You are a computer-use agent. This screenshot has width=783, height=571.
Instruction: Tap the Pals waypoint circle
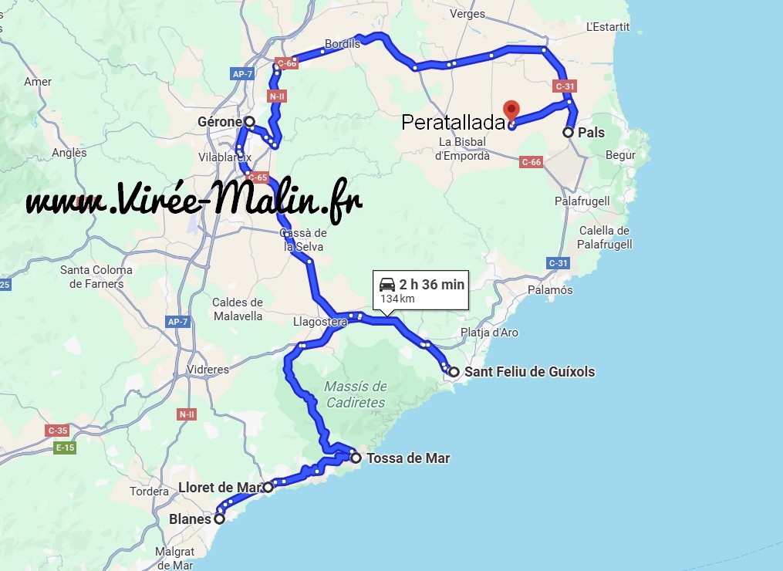569,133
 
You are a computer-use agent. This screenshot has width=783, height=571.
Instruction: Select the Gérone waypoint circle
250,122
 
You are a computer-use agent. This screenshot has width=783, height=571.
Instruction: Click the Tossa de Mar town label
408,458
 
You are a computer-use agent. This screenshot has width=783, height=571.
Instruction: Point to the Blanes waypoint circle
219,519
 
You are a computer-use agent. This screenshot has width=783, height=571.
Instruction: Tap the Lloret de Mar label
220,488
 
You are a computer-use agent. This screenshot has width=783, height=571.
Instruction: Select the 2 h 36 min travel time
432,285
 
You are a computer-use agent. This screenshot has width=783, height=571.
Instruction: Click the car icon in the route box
387,285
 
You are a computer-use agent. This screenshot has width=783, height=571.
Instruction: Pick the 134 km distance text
397,299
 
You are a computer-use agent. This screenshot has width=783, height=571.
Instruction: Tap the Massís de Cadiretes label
355,394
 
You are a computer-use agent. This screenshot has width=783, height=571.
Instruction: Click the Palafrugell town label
582,201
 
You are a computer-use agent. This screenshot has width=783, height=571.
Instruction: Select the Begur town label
620,155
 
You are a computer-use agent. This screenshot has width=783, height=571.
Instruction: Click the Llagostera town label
319,322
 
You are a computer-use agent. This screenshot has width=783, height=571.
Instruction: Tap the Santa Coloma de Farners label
96,277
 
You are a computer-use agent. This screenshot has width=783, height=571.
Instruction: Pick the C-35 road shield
57,431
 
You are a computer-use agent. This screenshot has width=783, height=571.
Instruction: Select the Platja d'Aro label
489,333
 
